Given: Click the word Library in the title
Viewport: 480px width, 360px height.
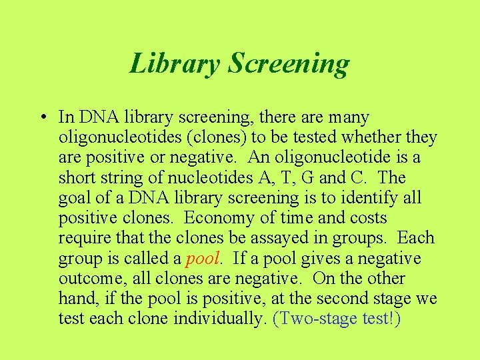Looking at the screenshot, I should coord(175,63).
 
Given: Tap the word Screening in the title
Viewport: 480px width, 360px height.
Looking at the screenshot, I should coord(288,63).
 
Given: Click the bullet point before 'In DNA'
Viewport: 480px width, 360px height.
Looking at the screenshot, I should coord(42,118).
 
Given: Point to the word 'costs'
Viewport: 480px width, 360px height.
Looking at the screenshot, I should coord(366,218).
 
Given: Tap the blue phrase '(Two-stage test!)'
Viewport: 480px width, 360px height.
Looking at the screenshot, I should coord(337,318).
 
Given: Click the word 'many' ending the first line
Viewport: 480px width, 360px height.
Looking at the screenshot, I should coord(347,118).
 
